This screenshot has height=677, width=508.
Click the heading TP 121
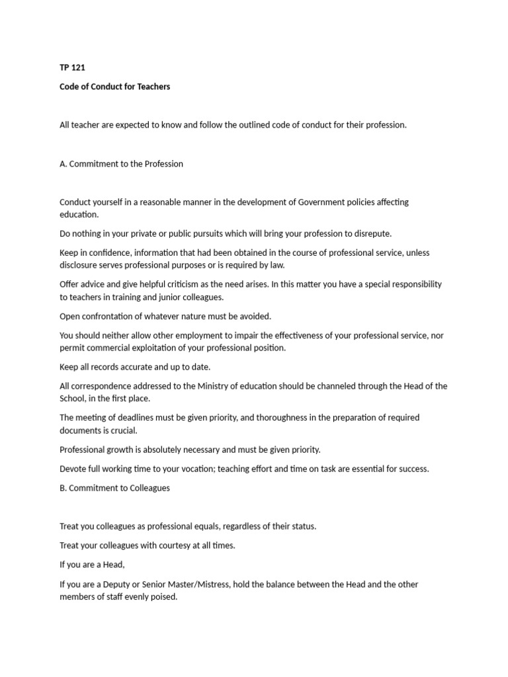[72, 68]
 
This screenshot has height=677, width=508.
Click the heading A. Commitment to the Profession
[121, 164]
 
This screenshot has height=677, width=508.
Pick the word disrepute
[370, 233]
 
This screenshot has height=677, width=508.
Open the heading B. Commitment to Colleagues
[114, 488]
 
